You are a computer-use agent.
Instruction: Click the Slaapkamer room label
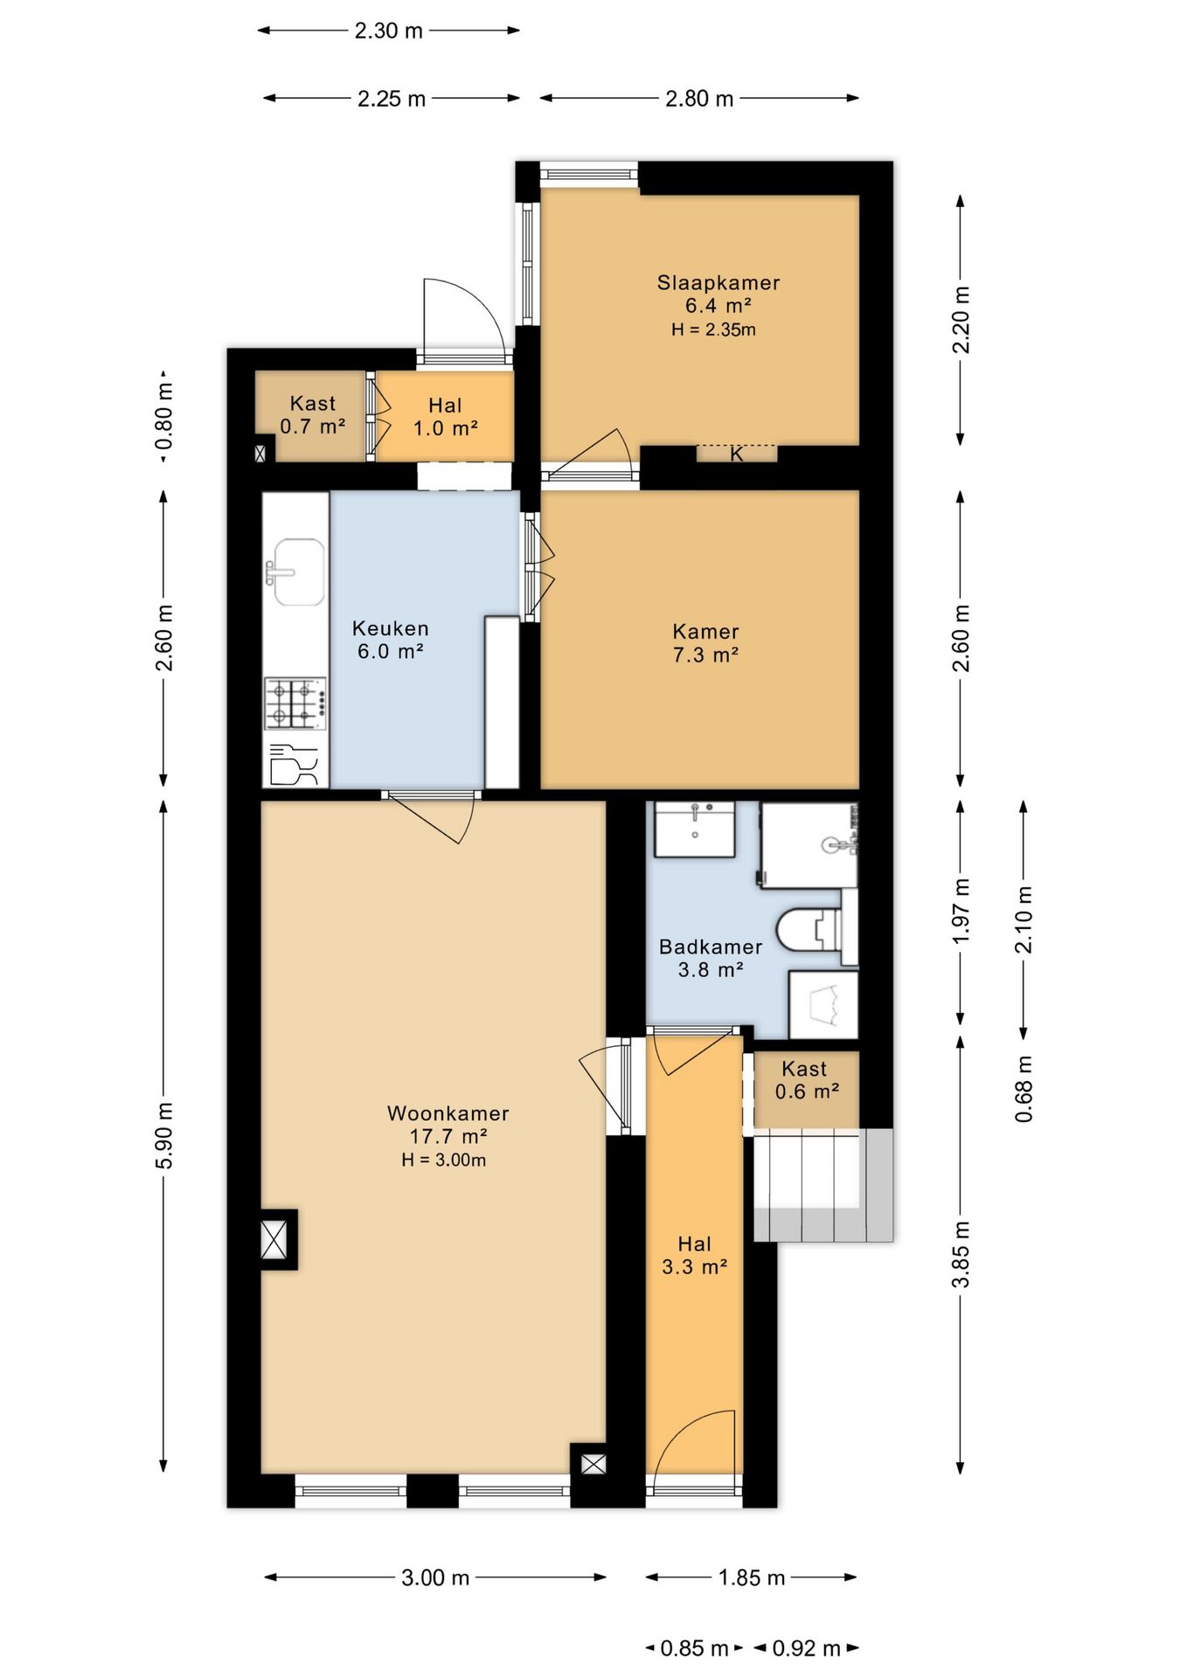(718, 283)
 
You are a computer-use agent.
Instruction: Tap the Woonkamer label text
(448, 1113)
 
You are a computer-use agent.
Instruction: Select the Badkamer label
(711, 946)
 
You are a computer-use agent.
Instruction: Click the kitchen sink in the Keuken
(297, 572)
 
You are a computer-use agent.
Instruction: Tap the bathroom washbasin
(695, 829)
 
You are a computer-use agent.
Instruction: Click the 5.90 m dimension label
(164, 1136)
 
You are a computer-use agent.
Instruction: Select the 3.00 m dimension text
(435, 1577)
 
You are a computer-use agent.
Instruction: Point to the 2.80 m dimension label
(699, 99)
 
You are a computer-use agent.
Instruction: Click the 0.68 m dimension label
(1024, 1089)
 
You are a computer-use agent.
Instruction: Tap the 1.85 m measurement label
(752, 1577)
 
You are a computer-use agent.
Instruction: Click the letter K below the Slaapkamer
(737, 454)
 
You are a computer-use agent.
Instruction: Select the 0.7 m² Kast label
(312, 415)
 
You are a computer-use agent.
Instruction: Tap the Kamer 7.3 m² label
(705, 643)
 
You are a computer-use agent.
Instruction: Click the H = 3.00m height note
(444, 1160)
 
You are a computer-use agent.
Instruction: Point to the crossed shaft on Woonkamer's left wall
(274, 1239)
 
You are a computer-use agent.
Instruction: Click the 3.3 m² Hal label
(695, 1256)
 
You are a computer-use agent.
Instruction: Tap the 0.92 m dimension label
(807, 1648)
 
